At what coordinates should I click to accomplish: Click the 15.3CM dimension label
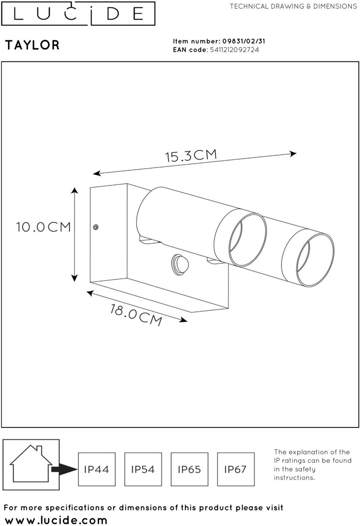coord(191,156)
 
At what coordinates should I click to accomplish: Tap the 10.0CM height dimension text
coord(43,227)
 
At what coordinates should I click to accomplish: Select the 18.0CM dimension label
coord(136,315)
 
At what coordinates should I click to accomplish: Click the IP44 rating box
coord(97,469)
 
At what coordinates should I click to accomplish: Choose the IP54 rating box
coord(143,469)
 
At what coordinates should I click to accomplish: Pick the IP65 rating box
coord(189,469)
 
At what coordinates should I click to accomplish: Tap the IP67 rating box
coord(236,469)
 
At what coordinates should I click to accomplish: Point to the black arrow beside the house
coord(64,469)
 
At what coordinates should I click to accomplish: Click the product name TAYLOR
coord(32,45)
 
